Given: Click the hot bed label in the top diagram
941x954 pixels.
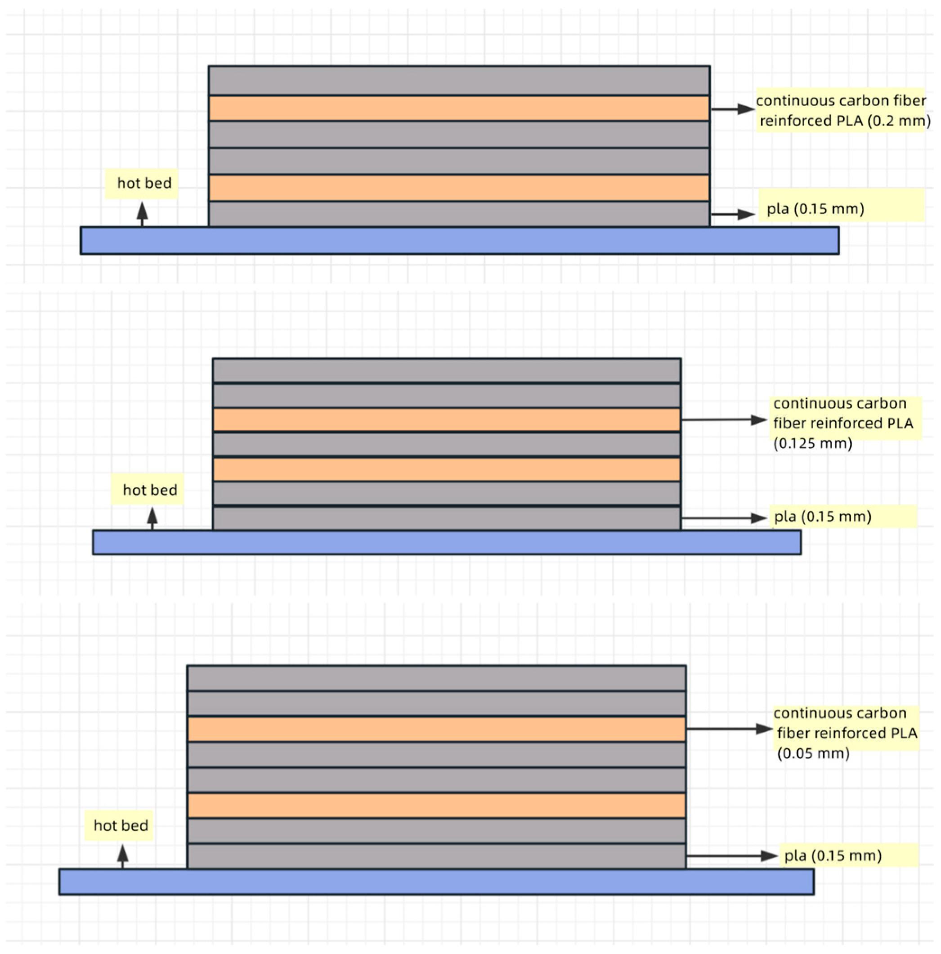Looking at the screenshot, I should coord(143,183).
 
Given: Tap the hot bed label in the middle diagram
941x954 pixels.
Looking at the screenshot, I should coord(150,490).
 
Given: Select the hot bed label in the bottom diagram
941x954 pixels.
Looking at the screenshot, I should coord(121,825).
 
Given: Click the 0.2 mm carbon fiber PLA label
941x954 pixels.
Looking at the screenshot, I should coord(842,111).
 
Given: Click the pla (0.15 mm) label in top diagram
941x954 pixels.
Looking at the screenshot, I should coord(815,209).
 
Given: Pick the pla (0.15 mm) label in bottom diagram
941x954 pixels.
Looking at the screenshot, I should coord(833,855).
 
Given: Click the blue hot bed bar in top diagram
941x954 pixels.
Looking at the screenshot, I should coord(459,240).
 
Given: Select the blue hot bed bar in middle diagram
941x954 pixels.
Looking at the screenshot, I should coord(446,543).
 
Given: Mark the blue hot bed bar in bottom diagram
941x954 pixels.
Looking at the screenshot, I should coord(436,882).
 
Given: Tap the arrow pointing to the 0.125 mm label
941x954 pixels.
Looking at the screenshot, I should coord(724,420).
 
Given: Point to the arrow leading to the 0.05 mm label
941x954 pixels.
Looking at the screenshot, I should coord(729,729).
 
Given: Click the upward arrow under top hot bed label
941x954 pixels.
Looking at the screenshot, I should coord(142,214).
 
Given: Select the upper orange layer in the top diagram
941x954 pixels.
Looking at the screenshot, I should coord(459,108).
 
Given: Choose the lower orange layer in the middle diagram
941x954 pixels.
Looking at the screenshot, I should coord(446,469).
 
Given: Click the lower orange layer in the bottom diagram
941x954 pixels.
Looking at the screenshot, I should coord(436,805).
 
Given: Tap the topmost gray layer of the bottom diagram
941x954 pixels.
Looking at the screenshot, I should coord(436,679).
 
